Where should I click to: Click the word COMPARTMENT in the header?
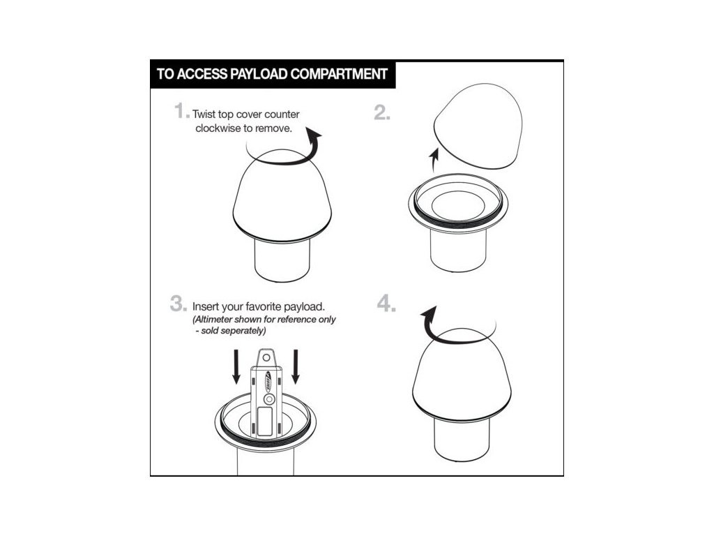pos(339,74)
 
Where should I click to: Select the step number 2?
pos(381,112)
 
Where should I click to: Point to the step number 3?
pos(177,304)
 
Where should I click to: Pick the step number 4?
pos(385,304)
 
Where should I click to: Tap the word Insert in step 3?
pos(205,306)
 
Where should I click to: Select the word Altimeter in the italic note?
pos(213,320)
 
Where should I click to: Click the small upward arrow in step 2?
pos(434,161)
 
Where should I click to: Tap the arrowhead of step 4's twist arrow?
pos(429,315)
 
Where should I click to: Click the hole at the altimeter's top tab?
pos(266,358)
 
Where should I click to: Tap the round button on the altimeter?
pos(270,400)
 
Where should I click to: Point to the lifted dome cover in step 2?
pos(478,126)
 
